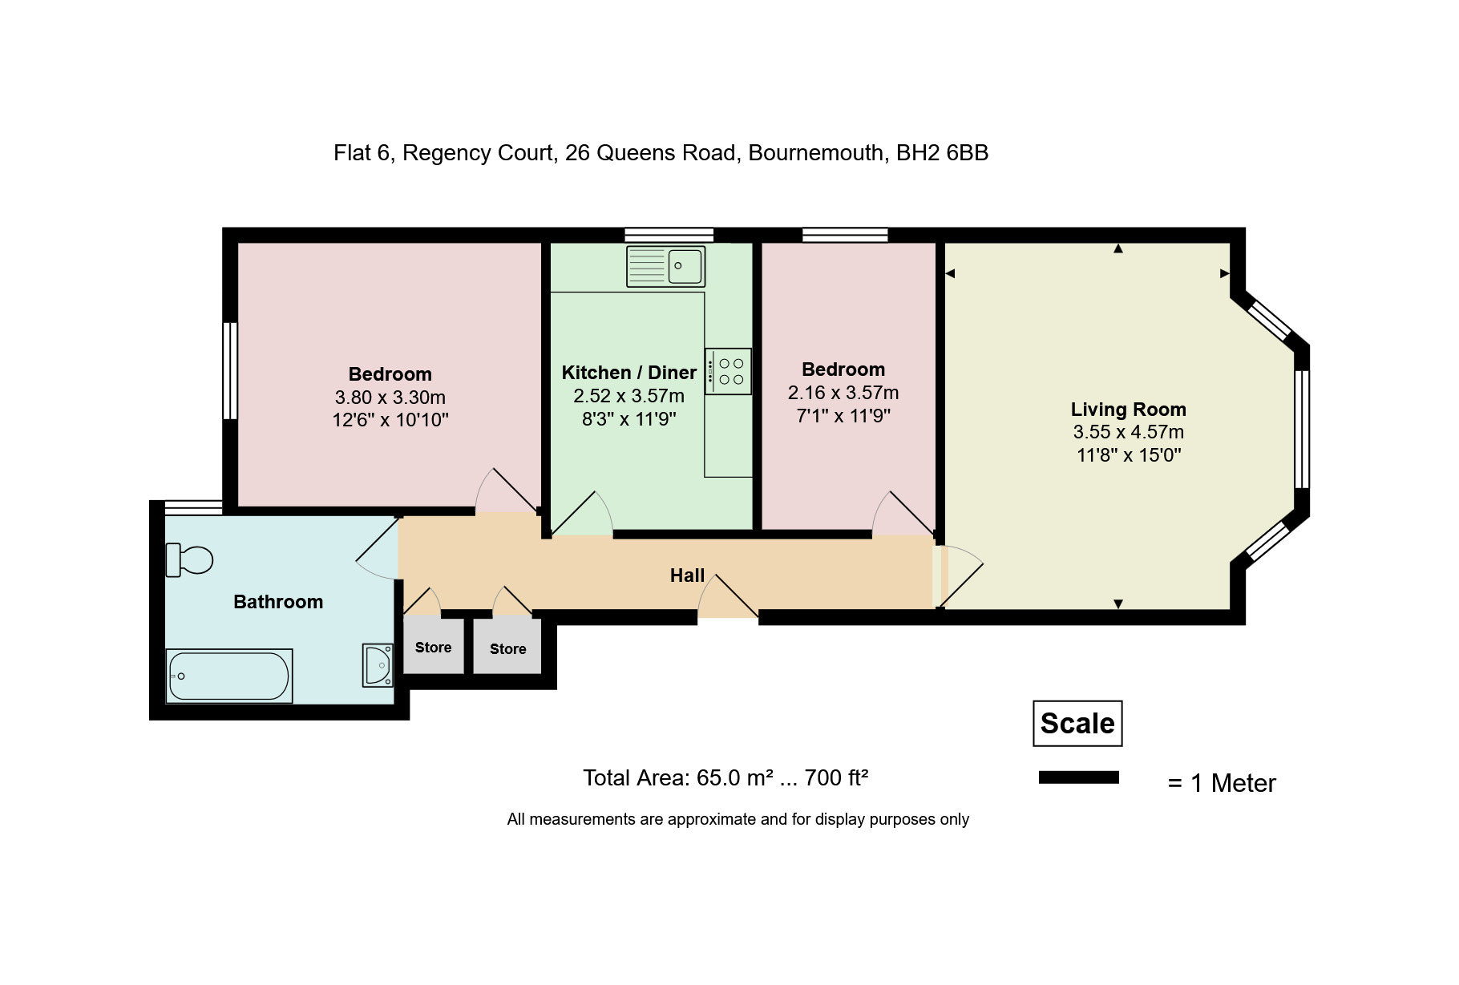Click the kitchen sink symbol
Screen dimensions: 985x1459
[x=665, y=266]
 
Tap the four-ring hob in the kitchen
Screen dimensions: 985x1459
[x=728, y=371]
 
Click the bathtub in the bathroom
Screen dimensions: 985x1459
[x=229, y=676]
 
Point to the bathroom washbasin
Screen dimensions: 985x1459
[x=378, y=665]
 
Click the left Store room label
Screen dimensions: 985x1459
[x=433, y=648]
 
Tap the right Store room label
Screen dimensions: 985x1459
[x=507, y=649]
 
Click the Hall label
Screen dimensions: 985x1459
[x=687, y=575]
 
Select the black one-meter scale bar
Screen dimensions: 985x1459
[x=1078, y=777]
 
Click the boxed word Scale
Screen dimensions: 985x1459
[x=1077, y=724]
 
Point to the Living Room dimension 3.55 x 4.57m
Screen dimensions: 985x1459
[x=1128, y=432]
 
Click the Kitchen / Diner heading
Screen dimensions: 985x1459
[x=628, y=373]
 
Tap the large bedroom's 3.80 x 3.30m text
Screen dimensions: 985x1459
[x=390, y=398]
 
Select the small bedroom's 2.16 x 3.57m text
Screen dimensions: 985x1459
[x=843, y=393]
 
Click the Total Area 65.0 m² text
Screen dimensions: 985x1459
[x=725, y=778]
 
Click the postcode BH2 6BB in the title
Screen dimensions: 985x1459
[x=942, y=153]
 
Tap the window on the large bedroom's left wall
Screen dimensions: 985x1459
[x=230, y=370]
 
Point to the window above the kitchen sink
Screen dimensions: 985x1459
[x=669, y=235]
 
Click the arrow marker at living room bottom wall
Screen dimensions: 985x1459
[x=1118, y=604]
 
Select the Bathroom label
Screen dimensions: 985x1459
[x=278, y=602]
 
